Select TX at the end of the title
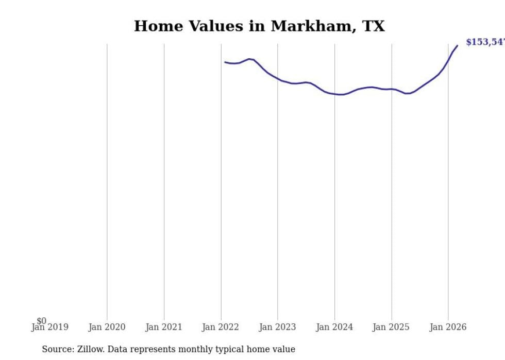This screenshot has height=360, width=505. [x=374, y=26]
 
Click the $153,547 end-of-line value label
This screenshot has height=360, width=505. [x=485, y=42]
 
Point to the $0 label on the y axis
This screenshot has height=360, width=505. [x=42, y=321]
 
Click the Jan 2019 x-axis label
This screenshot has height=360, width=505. [x=50, y=327]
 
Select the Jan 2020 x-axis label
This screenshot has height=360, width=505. [x=107, y=327]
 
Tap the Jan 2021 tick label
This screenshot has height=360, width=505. [x=164, y=327]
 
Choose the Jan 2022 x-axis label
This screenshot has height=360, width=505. [x=221, y=327]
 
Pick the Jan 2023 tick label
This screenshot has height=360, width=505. [x=278, y=327]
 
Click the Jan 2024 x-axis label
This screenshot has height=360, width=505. [x=334, y=327]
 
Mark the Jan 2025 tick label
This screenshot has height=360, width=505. [x=392, y=327]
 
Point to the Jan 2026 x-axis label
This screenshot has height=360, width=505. [x=448, y=327]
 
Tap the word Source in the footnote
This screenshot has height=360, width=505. [x=57, y=349]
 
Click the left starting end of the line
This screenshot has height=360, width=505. [x=225, y=62]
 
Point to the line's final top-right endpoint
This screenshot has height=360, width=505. [x=457, y=46]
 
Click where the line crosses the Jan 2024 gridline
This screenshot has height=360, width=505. [x=334, y=94]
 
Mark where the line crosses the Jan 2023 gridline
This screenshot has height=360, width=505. [x=278, y=79]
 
